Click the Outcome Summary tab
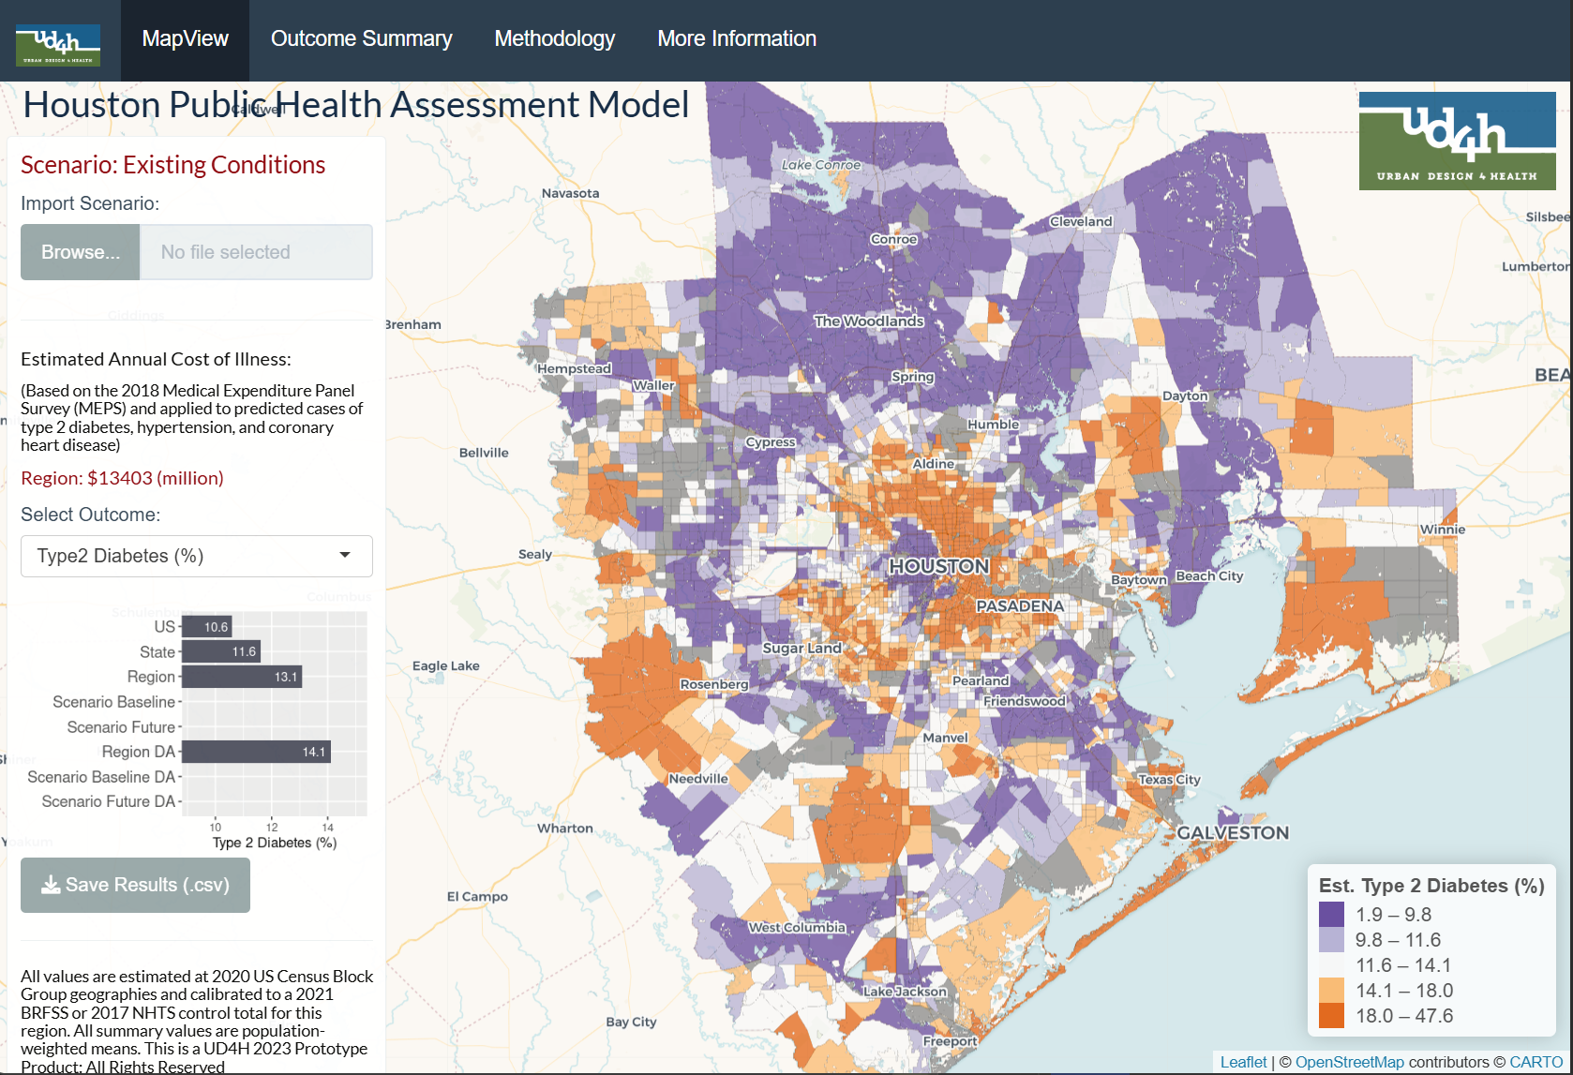coord(361,39)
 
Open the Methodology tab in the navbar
coord(554,39)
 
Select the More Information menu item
coord(737,39)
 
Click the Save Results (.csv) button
coord(136,885)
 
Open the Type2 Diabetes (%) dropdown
coord(197,556)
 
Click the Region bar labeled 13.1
coord(241,677)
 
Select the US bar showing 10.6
coord(206,626)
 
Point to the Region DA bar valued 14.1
coord(255,752)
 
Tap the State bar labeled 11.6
coord(220,651)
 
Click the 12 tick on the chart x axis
coord(272,827)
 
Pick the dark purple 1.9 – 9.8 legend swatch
coord(1331,915)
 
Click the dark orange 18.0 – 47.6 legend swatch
coord(1331,1016)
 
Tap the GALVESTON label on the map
coord(1233,832)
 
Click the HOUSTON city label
coord(938,566)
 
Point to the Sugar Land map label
coord(801,648)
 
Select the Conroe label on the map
coord(893,239)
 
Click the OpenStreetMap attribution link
coord(1349,1062)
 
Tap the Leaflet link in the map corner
coord(1243,1062)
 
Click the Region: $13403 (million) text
coord(122,478)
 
